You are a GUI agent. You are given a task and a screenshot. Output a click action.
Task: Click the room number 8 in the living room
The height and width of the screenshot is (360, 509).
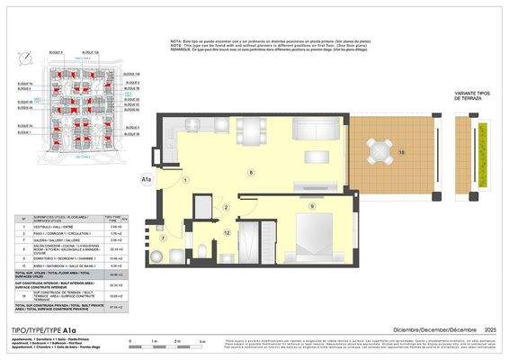tap(251, 171)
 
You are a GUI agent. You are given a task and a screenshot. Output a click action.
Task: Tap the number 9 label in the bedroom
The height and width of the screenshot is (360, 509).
tap(311, 206)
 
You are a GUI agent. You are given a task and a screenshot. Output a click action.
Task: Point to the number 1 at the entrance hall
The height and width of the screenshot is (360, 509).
tap(185, 180)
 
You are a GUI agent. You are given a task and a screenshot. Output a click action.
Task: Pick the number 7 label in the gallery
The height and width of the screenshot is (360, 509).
tap(163, 238)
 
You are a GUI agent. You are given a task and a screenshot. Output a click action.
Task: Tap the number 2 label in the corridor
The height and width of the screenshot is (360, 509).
tap(227, 208)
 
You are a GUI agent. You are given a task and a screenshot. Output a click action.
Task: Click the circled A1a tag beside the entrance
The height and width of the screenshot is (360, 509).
tap(147, 180)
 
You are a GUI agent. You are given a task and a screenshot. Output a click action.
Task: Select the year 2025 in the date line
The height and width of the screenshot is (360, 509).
tap(490, 331)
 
